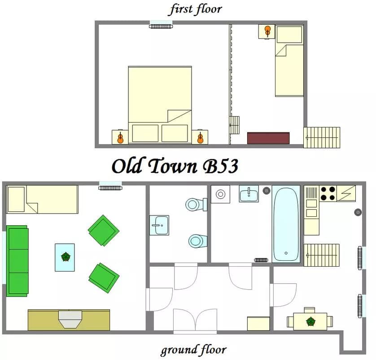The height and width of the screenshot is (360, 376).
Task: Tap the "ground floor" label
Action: point(193,350)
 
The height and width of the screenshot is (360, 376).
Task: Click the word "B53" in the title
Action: point(220,166)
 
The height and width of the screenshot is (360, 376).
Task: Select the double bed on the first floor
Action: point(160,105)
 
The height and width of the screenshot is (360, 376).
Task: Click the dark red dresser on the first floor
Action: point(268,138)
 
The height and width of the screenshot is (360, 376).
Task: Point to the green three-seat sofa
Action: point(17,261)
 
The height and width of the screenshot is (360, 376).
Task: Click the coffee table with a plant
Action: point(65,257)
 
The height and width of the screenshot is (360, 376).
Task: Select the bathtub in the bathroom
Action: point(286,224)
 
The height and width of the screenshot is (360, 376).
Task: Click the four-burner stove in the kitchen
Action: point(328,193)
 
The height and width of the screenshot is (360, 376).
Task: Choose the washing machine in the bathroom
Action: point(220,194)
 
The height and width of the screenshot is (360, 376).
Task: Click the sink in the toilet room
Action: point(159,225)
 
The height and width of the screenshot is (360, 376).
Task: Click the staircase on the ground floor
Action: point(322,255)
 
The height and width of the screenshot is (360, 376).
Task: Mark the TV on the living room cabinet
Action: point(70,319)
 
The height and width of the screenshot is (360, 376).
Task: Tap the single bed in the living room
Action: point(42,199)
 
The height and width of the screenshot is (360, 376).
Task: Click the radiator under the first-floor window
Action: point(161,26)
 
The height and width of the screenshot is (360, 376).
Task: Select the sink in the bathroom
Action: point(249,193)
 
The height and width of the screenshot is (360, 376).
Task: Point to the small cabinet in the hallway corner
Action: point(258,324)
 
